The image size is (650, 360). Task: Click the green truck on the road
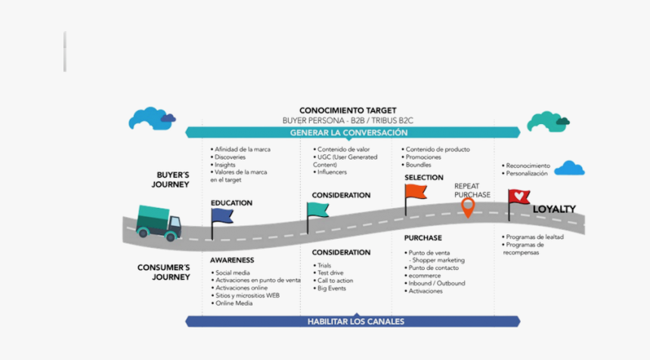tap(159, 222)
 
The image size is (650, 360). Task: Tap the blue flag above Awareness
tap(223, 217)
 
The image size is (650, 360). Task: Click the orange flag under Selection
tap(416, 191)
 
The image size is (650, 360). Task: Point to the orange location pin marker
tap(468, 206)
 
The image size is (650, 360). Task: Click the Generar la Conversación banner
tap(353, 132)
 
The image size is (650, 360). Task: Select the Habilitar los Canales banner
tap(355, 321)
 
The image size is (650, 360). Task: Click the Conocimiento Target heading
tap(348, 110)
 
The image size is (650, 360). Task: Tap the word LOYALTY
tap(554, 209)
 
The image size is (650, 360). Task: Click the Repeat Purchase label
tap(472, 190)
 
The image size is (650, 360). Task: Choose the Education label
tap(231, 203)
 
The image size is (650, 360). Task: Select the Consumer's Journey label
tap(164, 272)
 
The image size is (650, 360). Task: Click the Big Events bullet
tap(333, 288)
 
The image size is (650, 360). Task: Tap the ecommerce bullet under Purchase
tap(426, 275)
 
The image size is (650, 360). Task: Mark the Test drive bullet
tap(330, 273)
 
